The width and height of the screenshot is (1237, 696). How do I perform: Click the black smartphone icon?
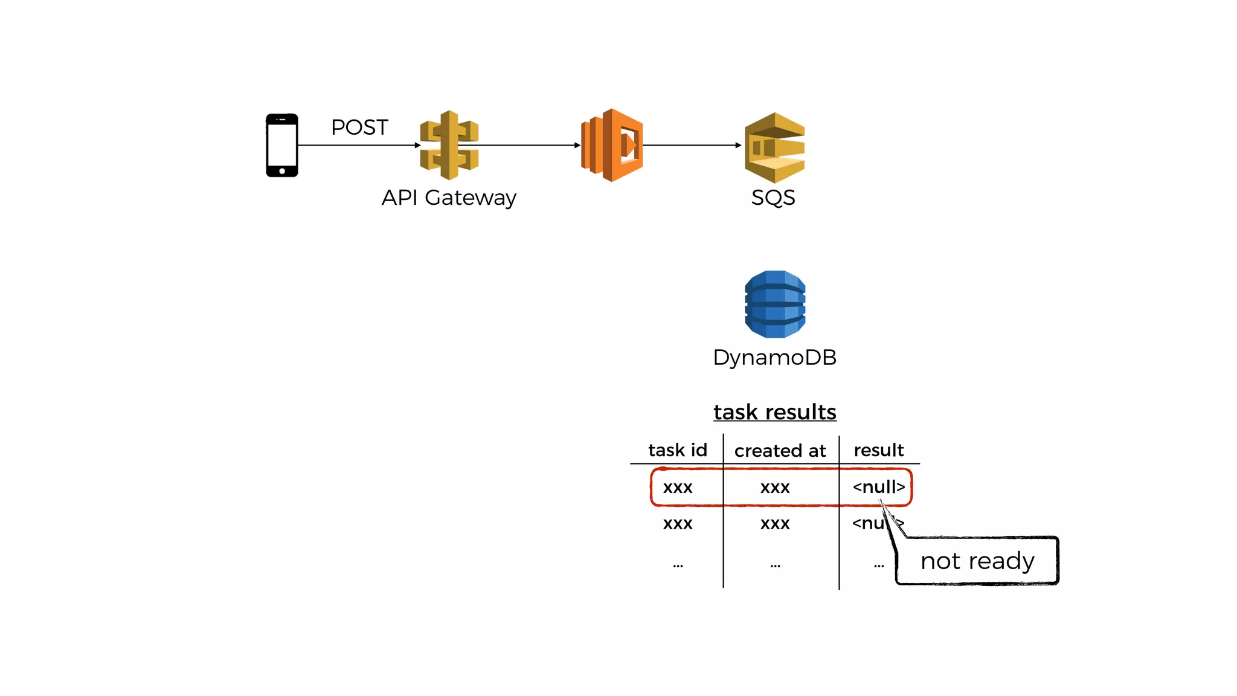point(282,145)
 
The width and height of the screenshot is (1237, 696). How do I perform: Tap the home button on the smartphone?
point(282,171)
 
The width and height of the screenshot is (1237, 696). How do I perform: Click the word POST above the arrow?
point(359,127)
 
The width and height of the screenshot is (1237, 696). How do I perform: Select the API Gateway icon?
point(449,145)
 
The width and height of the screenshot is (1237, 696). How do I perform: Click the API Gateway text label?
point(449,198)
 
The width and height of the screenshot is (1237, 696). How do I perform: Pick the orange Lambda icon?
point(612,145)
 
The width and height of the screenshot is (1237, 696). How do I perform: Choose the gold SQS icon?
point(775,147)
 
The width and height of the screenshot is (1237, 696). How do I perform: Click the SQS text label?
point(773,198)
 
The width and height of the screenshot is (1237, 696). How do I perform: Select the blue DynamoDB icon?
point(775,304)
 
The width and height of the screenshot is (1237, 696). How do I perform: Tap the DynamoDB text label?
point(775,357)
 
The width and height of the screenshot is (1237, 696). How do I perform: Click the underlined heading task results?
point(775,412)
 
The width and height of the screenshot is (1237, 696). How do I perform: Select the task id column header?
point(677,450)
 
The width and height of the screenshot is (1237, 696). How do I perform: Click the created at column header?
point(780,451)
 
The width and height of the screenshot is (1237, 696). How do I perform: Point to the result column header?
point(879,450)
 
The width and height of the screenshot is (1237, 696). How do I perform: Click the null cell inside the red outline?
point(879,486)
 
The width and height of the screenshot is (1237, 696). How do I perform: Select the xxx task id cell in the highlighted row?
point(678,487)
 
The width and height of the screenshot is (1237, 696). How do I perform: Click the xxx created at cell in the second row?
point(775,523)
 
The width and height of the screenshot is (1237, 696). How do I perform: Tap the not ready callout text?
point(977,561)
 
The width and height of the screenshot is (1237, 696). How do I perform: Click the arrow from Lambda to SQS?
point(692,145)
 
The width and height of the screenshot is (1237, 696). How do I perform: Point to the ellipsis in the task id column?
point(678,565)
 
